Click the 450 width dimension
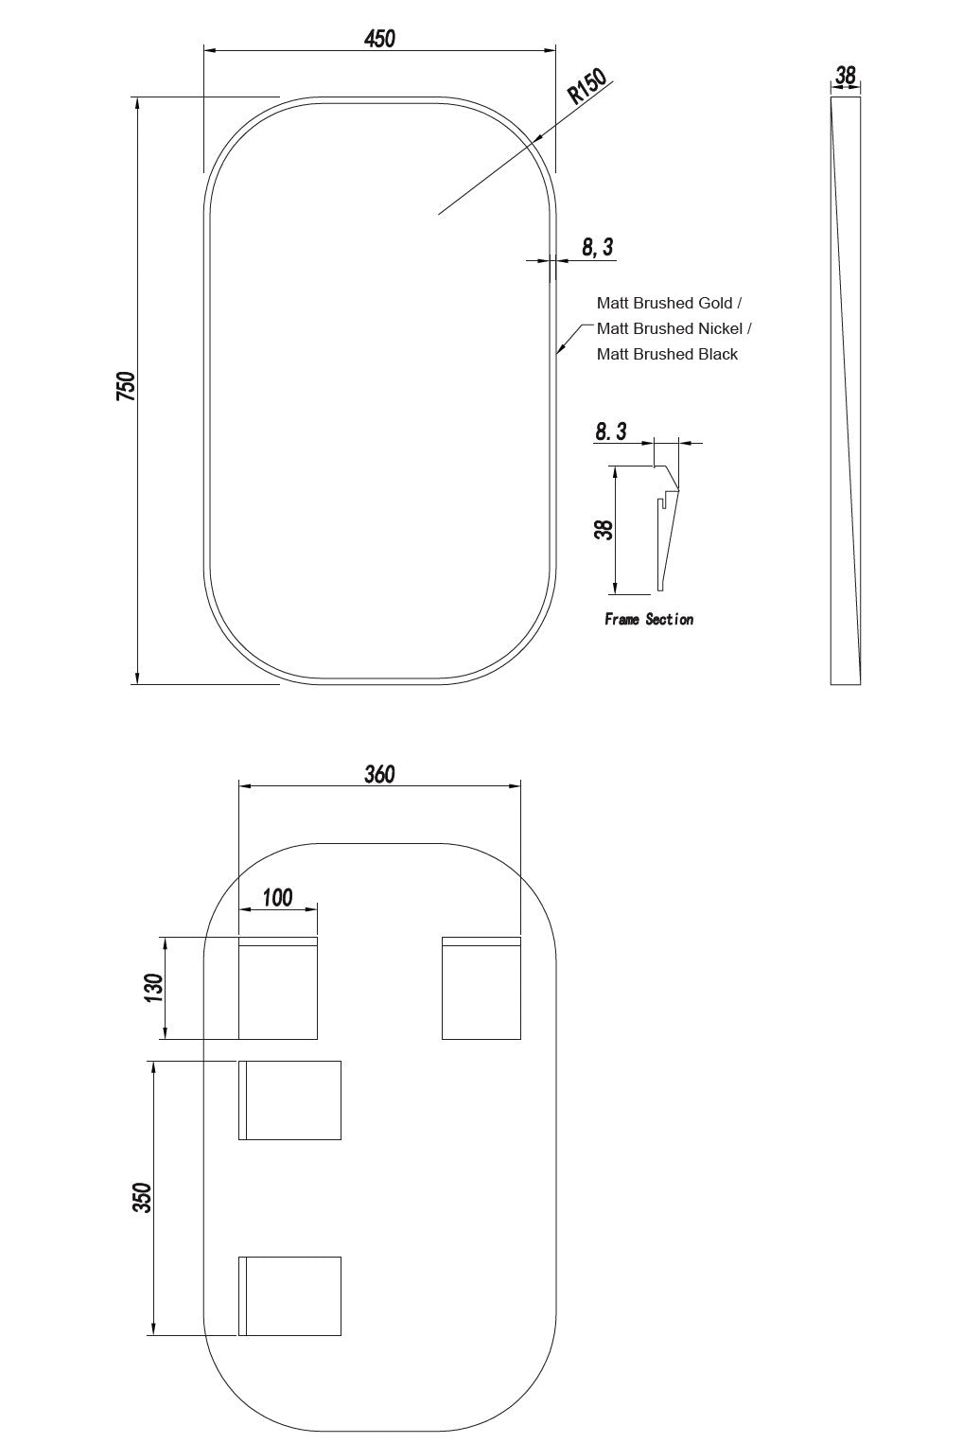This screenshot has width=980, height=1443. (x=379, y=39)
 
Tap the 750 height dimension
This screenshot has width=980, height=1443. (x=126, y=386)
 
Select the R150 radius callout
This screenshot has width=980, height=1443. (x=586, y=86)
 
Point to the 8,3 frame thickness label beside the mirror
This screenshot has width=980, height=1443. (x=598, y=247)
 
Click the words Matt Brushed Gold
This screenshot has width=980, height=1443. (x=664, y=303)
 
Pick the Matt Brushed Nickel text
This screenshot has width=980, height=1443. (x=670, y=328)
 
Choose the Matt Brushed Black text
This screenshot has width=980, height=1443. (x=667, y=354)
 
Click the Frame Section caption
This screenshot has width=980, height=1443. (x=649, y=619)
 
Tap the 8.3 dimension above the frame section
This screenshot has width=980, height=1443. (x=610, y=431)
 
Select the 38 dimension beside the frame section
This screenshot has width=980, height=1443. (x=604, y=530)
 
